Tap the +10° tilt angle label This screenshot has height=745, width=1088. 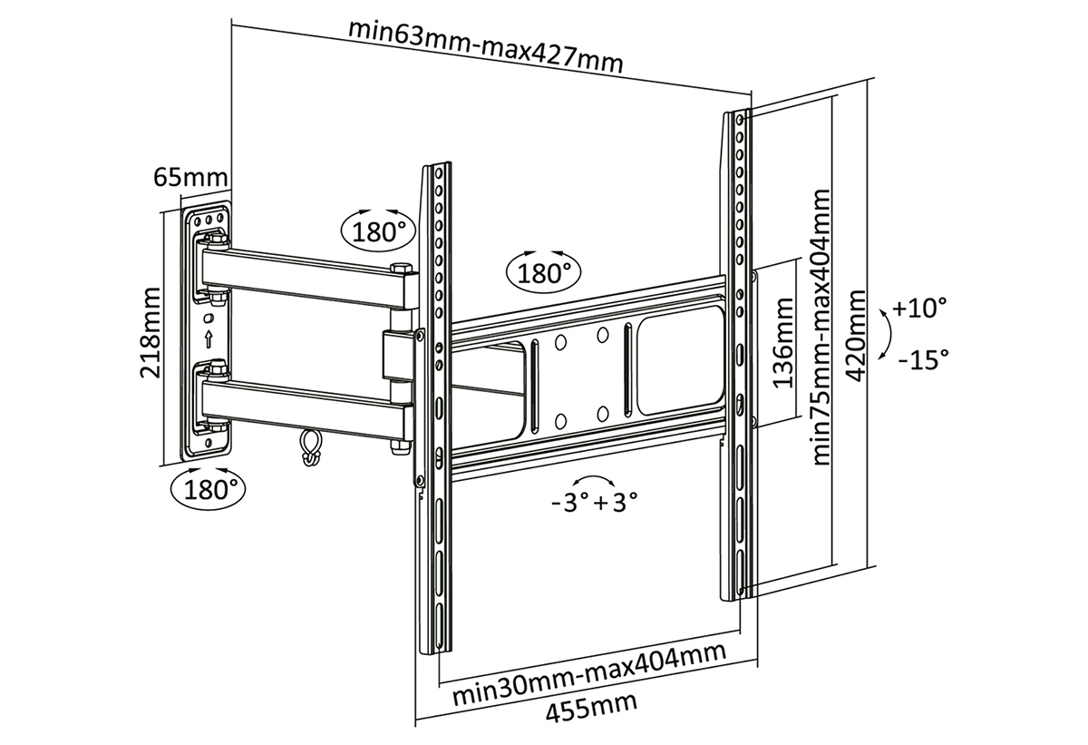(x=918, y=309)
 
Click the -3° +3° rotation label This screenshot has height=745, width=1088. (x=594, y=502)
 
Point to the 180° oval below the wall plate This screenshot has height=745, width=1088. (x=209, y=491)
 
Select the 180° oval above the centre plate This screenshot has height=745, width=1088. (x=545, y=270)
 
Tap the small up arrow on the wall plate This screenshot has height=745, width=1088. (x=209, y=340)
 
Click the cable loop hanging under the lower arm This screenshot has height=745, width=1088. (x=309, y=446)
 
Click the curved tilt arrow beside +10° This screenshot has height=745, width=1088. (x=884, y=334)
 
